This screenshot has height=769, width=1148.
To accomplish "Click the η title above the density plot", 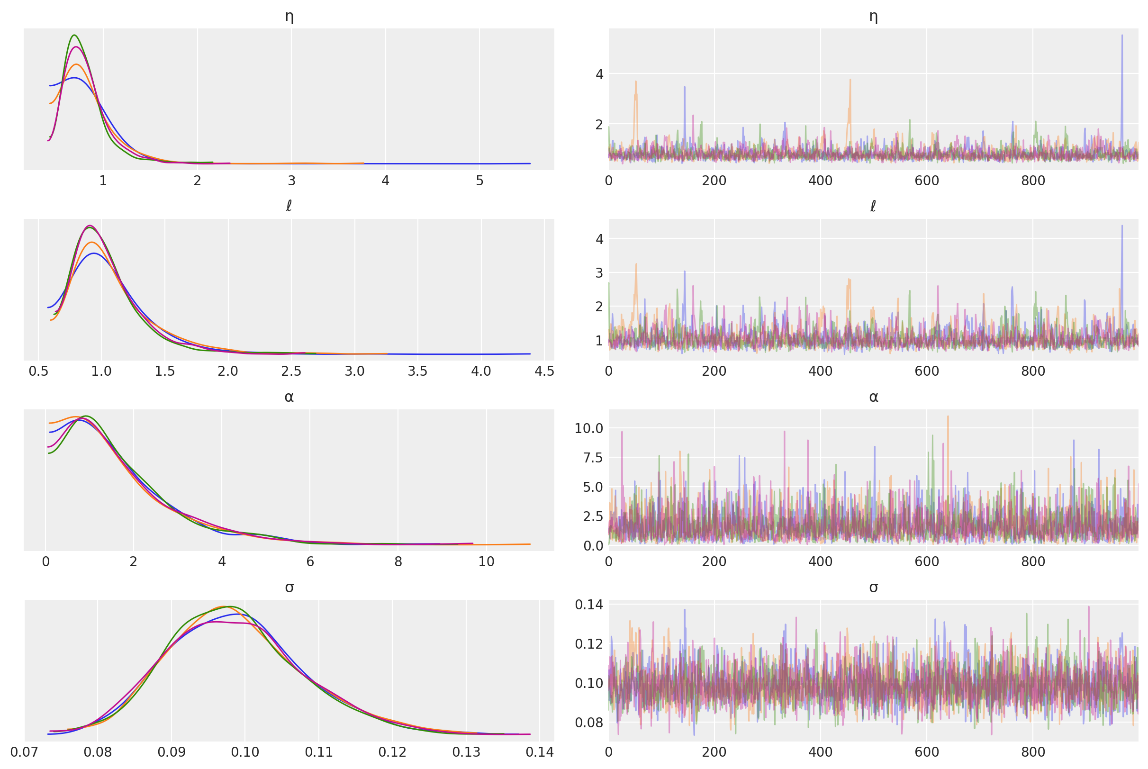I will coord(289,17).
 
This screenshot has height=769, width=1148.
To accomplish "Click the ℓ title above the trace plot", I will coord(873,207).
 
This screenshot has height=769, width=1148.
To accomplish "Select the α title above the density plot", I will coord(289,397).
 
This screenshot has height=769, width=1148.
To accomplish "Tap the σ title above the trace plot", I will coord(873,587).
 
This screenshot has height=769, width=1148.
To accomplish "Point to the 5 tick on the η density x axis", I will coord(479,181).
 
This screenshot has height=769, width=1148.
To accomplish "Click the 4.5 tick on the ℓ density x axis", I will coord(544,371).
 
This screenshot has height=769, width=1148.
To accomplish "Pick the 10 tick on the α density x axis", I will coord(486,561).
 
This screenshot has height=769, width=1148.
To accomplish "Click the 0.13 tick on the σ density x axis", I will coord(466,752).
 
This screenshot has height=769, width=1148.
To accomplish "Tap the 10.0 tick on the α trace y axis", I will coord(588,428).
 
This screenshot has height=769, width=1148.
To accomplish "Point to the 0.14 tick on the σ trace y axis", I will coord(588,605).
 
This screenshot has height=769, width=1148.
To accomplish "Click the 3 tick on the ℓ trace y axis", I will coord(598,273).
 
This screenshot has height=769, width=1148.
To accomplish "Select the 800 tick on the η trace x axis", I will coord(1033,181).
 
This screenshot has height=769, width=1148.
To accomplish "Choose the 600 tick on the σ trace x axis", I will coord(926,752).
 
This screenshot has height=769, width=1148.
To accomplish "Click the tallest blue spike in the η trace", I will coord(1121,36).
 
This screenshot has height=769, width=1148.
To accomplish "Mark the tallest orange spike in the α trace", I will coord(948,417).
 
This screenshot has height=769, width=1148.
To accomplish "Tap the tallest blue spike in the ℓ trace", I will coord(1121,226).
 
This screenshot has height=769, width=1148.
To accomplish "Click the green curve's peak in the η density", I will coord(74,36).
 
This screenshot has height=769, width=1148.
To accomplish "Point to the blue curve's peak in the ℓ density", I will coord(94,253).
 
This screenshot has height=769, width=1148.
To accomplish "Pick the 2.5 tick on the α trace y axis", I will coord(588,516).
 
